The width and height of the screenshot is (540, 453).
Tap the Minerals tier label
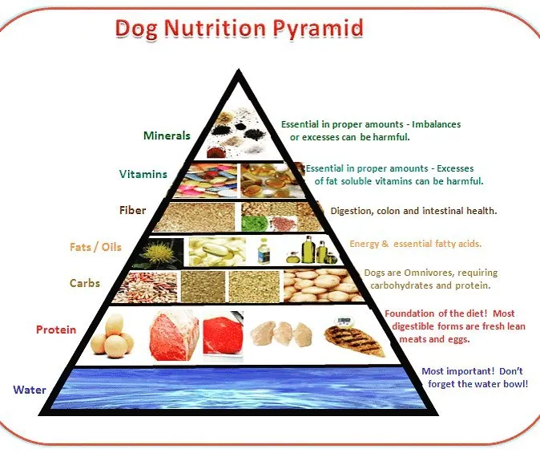[x=167, y=135]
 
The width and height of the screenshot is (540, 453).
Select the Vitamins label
[x=143, y=174]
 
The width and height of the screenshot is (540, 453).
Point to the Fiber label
[x=132, y=210]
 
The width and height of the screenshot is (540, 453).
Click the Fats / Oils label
[x=95, y=247]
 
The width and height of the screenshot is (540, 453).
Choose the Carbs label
[x=85, y=283]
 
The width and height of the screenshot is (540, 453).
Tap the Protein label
[x=56, y=330]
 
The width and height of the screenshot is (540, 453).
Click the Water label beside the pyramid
[x=30, y=390]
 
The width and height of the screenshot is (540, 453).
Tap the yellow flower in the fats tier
[x=159, y=253]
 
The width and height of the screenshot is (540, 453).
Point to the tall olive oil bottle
[x=307, y=249]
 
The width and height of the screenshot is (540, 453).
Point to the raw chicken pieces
[x=282, y=334]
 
